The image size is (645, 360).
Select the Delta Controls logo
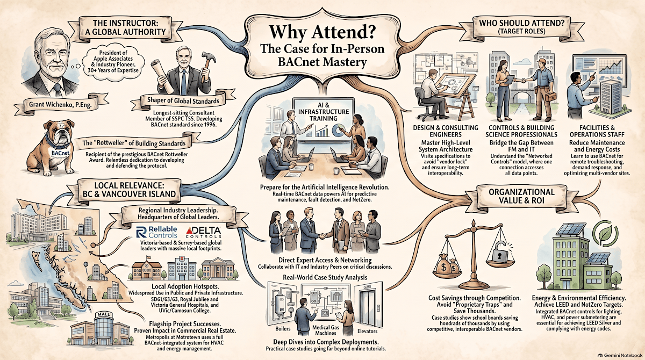203,232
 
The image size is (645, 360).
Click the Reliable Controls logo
156,232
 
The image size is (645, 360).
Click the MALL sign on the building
103,314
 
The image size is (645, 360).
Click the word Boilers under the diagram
283,329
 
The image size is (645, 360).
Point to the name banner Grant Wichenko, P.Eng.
60,104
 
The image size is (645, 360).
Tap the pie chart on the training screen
339,130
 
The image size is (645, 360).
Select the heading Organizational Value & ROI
521,196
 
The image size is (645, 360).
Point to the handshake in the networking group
324,236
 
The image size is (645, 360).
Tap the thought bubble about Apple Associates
112,62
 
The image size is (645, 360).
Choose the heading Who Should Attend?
521,23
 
